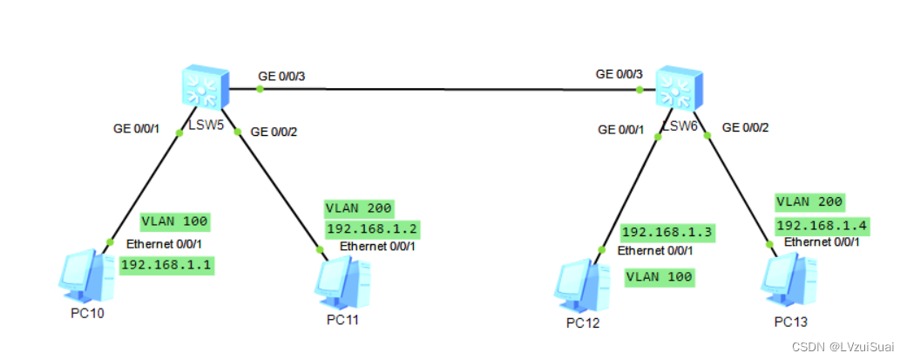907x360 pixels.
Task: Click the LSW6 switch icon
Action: (x=679, y=87)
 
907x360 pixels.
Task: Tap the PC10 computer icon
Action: (x=87, y=275)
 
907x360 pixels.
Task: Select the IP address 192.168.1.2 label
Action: (x=360, y=228)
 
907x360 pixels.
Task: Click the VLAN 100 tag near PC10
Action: (x=174, y=221)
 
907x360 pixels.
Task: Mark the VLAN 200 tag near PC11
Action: (x=359, y=208)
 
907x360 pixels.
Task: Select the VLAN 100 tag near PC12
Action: (x=660, y=277)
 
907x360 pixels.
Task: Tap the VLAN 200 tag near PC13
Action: (x=809, y=202)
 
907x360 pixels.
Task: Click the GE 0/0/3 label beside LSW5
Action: (x=281, y=77)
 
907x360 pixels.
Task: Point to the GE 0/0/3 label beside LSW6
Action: (x=619, y=74)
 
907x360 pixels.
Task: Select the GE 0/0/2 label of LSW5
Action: (x=274, y=132)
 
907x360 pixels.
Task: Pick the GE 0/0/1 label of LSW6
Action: (x=620, y=130)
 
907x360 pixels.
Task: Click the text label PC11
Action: (x=342, y=319)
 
